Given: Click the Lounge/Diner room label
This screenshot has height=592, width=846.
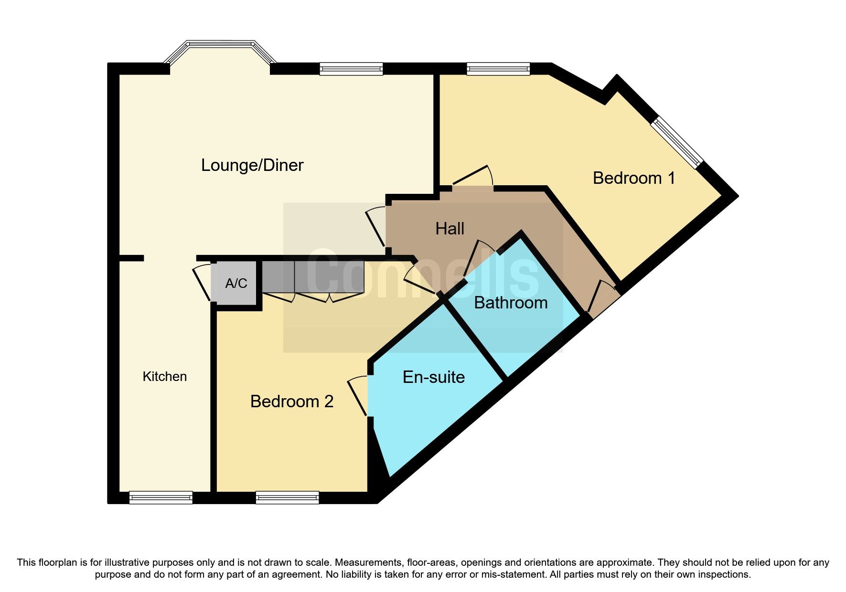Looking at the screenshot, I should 252,165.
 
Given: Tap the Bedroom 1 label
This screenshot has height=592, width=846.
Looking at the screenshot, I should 633,178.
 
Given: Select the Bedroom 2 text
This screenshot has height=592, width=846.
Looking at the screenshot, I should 291,402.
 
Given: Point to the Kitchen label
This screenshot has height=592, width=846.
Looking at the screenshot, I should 164,377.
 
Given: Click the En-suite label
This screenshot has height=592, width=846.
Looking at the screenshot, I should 433,377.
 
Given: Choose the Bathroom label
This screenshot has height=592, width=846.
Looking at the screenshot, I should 510,303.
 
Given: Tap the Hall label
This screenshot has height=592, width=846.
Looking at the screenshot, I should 450,229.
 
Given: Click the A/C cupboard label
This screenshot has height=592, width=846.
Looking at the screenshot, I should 236,284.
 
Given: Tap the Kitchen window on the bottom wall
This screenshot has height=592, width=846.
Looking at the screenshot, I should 161,497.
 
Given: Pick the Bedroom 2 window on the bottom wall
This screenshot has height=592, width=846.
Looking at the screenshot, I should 287,497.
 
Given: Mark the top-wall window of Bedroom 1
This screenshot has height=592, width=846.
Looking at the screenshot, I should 498,69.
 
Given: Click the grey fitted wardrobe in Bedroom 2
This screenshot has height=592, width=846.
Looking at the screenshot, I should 313,277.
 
